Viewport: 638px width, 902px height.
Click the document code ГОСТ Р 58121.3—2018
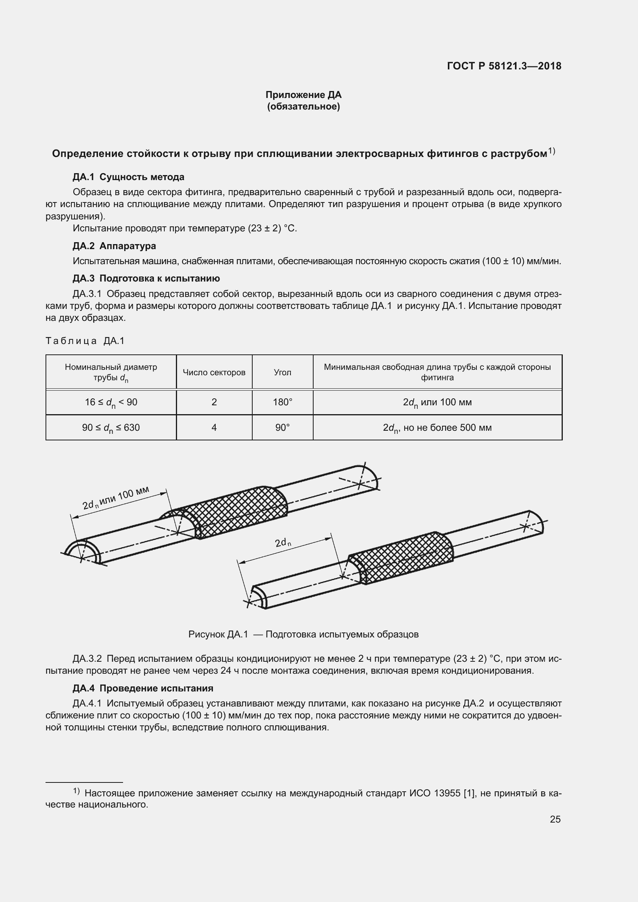[x=504, y=66]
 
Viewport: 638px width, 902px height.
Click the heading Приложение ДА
[x=303, y=95]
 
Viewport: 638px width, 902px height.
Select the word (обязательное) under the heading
[x=303, y=106]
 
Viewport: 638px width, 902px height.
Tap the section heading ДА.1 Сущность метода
[x=128, y=177]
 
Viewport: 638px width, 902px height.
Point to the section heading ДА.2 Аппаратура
[x=114, y=246]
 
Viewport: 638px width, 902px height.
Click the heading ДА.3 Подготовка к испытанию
[x=146, y=278]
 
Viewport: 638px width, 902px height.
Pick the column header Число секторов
[x=214, y=372]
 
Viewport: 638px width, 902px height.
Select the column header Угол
[x=282, y=372]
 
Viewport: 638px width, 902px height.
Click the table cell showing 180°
[x=282, y=402]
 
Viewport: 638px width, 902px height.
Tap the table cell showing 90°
[x=282, y=427]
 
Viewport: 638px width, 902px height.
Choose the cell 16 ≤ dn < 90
[x=111, y=402]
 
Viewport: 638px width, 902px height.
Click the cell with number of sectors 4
[x=214, y=427]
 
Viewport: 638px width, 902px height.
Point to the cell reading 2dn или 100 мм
[x=437, y=402]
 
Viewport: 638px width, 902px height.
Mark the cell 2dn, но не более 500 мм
[x=437, y=428]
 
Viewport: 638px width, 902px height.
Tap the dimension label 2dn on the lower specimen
[x=283, y=543]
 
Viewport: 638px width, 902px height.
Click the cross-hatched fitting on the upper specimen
[x=236, y=511]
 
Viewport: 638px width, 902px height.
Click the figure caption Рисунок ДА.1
[x=303, y=634]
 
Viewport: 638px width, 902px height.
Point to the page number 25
[x=555, y=819]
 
